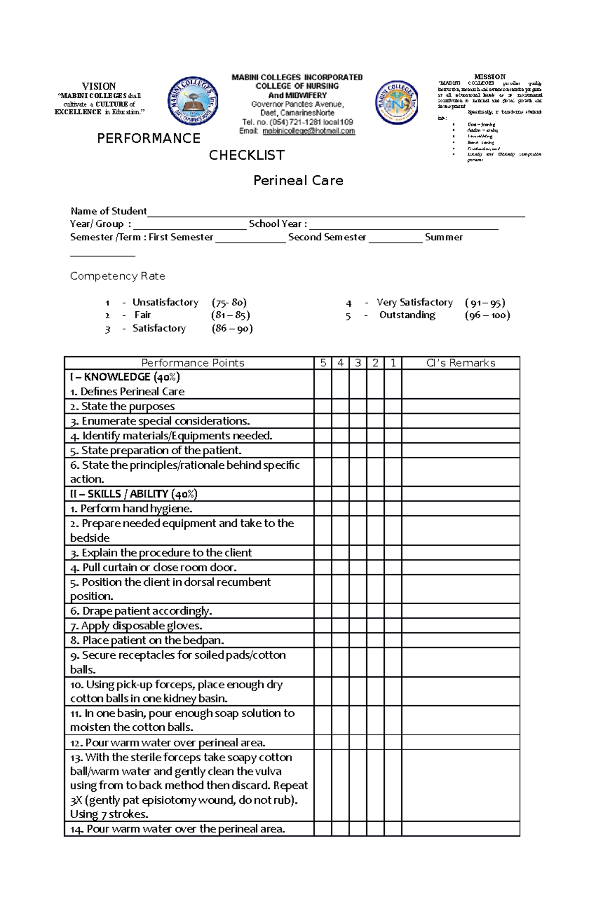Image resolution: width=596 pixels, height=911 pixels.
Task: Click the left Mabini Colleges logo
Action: [x=193, y=102]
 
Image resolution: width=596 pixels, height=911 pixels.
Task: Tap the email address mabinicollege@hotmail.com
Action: [x=308, y=131]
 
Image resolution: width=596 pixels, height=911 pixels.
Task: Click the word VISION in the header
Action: [x=99, y=86]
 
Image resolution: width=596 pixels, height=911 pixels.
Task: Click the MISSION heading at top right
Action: [x=490, y=77]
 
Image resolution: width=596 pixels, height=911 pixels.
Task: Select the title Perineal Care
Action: [x=298, y=181]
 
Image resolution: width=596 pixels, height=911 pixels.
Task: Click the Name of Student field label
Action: [x=108, y=211]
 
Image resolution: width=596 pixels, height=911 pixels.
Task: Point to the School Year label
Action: [x=278, y=224]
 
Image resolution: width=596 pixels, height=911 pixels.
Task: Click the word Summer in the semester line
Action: [x=444, y=237]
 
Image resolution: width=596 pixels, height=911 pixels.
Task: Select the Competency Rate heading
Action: [x=117, y=276]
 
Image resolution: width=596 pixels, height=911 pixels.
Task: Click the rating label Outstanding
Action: [x=407, y=315]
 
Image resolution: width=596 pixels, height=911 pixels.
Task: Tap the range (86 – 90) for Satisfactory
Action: [x=232, y=328]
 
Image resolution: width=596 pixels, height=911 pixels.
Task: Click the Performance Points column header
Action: [x=193, y=363]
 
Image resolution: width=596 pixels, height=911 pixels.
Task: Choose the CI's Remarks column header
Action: [x=460, y=363]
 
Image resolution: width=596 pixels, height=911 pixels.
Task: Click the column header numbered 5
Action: [x=323, y=363]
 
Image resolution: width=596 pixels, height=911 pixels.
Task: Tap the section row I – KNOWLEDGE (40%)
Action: [x=125, y=377]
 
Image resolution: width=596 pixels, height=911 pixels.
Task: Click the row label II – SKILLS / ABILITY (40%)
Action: [x=134, y=494]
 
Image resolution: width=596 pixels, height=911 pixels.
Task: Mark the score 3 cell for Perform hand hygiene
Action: [x=358, y=508]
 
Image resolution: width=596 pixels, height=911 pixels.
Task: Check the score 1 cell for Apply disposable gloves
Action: [x=393, y=626]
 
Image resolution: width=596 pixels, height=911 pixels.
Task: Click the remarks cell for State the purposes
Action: [x=460, y=406]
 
